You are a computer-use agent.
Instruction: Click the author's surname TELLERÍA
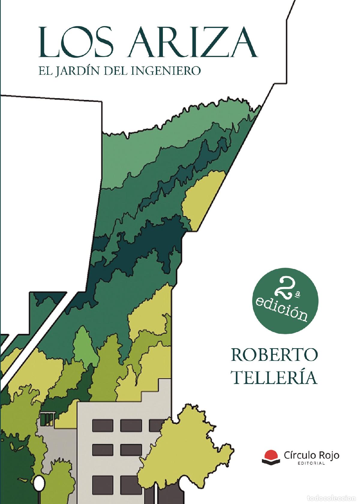274,378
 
